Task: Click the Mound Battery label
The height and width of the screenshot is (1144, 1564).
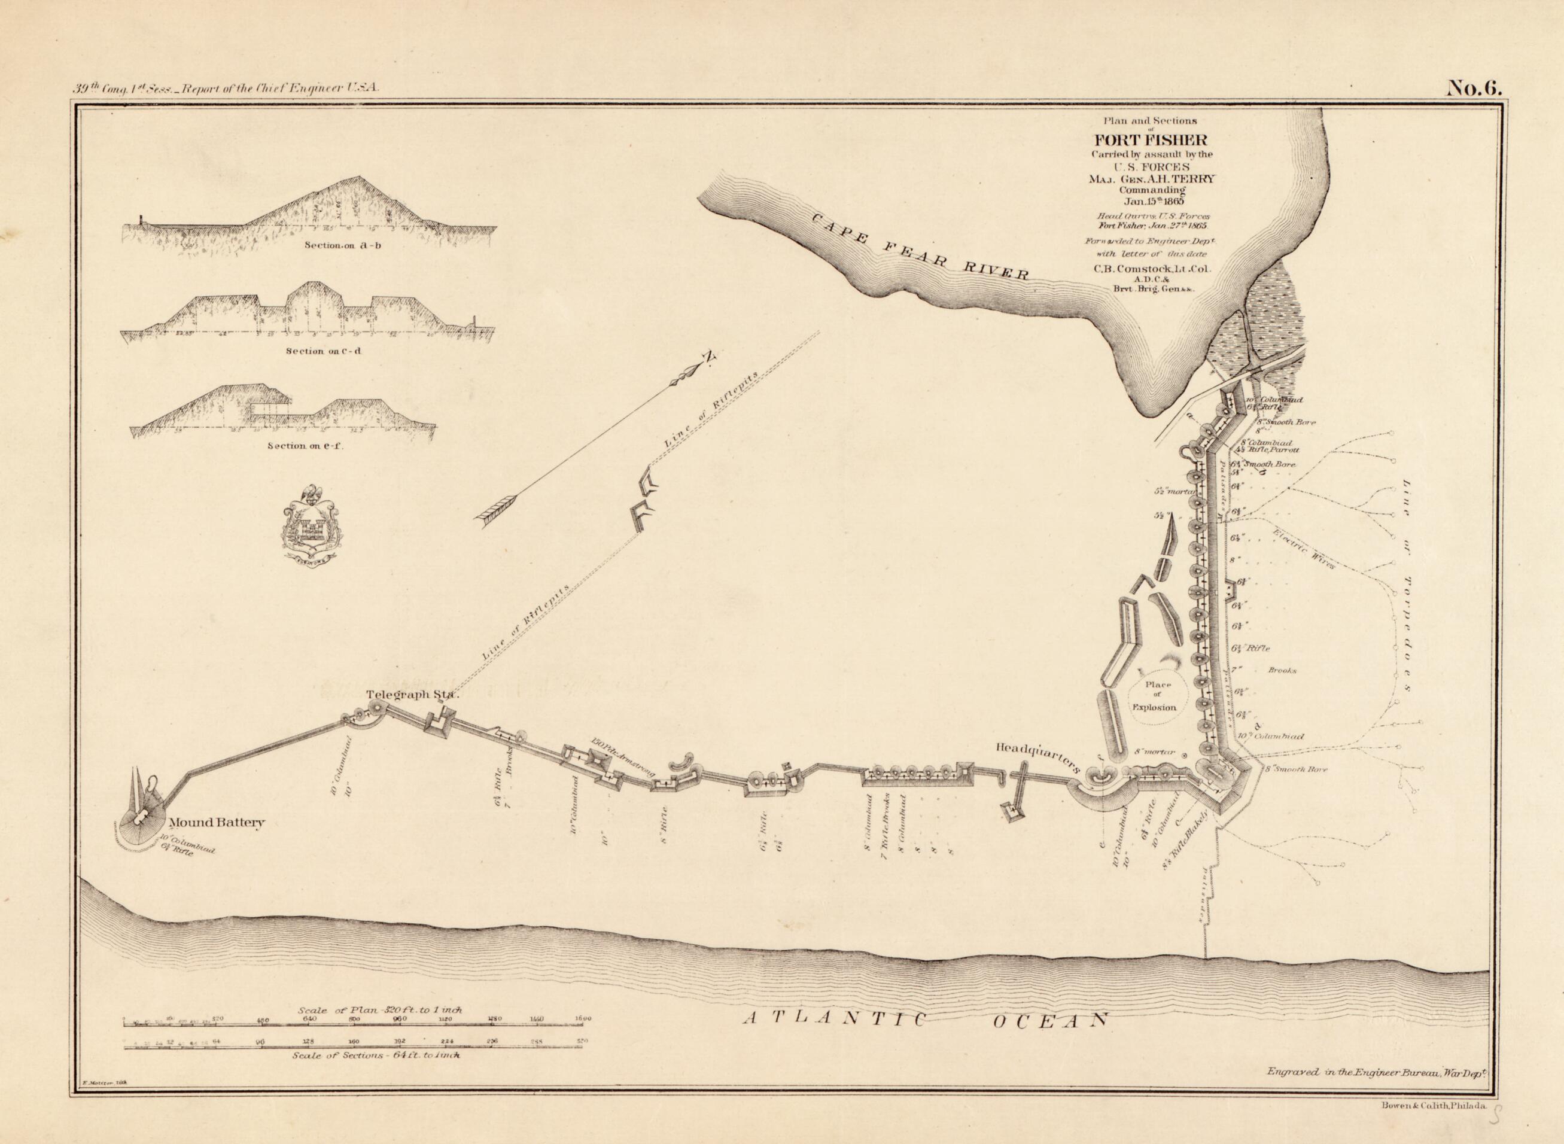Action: point(217,823)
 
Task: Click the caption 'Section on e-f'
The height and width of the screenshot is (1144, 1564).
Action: point(305,445)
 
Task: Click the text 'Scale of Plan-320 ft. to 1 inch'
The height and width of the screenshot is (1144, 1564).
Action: point(380,1009)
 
